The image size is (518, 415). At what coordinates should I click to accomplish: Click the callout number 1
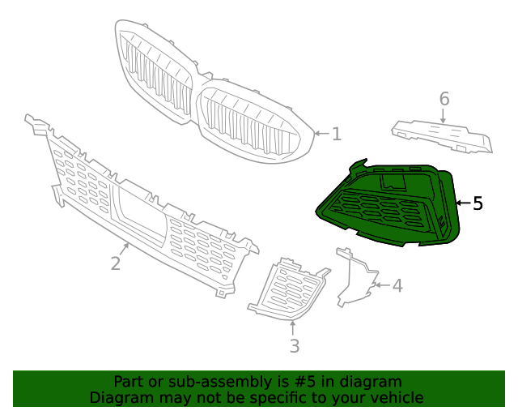point(337,134)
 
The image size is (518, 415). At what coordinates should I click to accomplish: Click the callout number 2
point(116,263)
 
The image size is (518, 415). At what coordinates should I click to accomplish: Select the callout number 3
point(295,346)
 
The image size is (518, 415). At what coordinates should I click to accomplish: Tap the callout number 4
point(397,286)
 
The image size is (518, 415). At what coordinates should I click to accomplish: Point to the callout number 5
point(478,203)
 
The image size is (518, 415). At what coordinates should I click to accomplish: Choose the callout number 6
point(444,99)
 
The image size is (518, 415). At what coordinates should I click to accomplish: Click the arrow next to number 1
point(321,133)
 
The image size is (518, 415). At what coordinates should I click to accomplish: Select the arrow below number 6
point(443,116)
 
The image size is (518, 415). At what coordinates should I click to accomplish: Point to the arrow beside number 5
point(462,203)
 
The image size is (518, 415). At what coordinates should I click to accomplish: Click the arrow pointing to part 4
point(380,285)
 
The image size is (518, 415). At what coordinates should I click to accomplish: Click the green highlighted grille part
point(388,207)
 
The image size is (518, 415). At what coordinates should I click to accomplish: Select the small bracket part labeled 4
point(355,280)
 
